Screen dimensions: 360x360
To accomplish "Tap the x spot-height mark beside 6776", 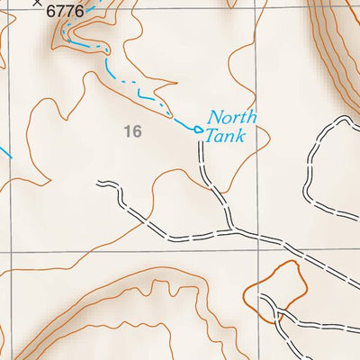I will [36, 3].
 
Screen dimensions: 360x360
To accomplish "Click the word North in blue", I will [232, 117].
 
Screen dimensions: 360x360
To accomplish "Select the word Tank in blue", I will [225, 136].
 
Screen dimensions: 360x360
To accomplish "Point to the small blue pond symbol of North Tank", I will [198, 130].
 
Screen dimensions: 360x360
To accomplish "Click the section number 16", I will [133, 132].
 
